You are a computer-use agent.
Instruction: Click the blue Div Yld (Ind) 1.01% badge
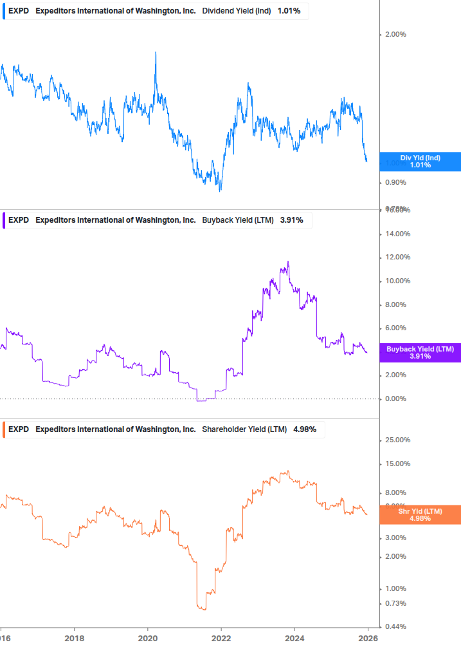pos(420,162)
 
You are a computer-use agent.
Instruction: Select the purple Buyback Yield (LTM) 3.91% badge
pos(420,352)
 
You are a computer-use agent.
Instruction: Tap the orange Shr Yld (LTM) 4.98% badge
pos(420,514)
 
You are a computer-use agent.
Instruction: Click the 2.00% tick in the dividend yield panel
pos(395,34)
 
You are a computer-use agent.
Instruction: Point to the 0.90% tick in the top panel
pos(395,183)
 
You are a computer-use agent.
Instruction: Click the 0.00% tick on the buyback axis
pos(395,399)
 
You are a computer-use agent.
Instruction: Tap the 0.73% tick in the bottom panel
pos(395,603)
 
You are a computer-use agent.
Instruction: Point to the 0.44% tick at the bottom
pos(395,626)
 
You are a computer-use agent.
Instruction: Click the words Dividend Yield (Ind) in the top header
pos(237,11)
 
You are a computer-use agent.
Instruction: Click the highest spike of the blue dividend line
pos(156,53)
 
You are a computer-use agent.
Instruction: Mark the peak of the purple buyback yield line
pos(288,261)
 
